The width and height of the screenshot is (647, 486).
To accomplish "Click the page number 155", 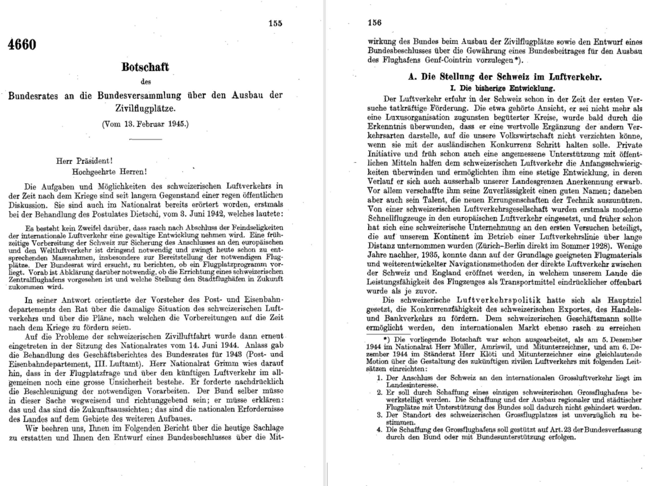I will (x=275, y=24).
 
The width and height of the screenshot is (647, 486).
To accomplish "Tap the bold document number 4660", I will (x=22, y=45).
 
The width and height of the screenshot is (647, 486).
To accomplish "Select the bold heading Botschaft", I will (x=145, y=67).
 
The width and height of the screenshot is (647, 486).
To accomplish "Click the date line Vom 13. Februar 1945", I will (x=145, y=124).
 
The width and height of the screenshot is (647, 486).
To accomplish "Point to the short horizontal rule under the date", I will (x=145, y=139).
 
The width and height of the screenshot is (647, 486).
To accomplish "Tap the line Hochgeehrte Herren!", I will (x=109, y=172).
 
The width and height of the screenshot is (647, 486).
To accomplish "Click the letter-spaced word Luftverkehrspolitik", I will (x=498, y=300).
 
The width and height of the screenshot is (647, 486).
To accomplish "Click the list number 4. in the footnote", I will (x=379, y=430).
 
